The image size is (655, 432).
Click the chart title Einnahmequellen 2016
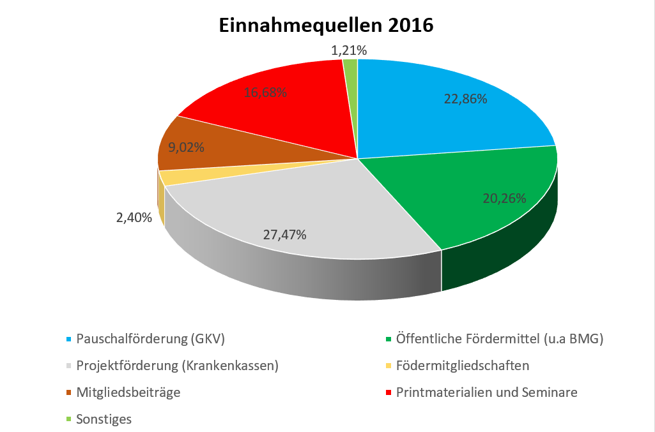[326, 26]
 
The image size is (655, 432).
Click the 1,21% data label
[349, 50]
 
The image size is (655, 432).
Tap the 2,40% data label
[134, 218]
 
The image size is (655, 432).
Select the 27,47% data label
[285, 235]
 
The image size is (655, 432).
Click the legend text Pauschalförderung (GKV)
[150, 339]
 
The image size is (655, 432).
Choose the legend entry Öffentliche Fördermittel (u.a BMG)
[500, 339]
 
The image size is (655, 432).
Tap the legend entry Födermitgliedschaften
[463, 366]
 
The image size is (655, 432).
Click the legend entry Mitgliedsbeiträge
[128, 392]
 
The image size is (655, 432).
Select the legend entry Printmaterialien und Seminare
[486, 392]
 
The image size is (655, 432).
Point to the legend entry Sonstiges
[104, 419]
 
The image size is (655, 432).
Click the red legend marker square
[389, 392]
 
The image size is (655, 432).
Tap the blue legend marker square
[68, 339]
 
